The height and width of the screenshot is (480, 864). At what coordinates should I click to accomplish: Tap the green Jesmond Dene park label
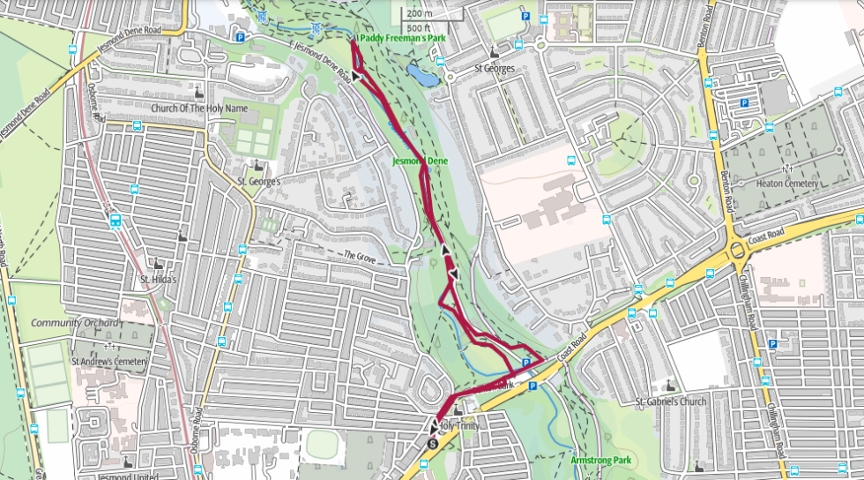pos(421,161)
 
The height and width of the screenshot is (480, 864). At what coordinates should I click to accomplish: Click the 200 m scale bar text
pos(420,13)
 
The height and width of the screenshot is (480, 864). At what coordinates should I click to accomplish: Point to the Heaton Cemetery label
pos(787,184)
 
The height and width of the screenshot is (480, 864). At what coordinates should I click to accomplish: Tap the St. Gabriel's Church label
pos(671,402)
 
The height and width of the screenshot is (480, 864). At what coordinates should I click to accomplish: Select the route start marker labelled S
pos(432,444)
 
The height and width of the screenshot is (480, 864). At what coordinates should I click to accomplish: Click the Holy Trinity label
pos(458,426)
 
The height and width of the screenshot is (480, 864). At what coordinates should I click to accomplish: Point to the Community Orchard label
pos(75,323)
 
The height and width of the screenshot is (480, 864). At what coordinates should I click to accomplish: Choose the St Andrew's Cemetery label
pos(109,361)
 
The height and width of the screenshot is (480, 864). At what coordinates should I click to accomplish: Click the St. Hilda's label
pos(159,281)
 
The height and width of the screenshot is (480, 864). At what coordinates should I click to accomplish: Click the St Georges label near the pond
pos(494,68)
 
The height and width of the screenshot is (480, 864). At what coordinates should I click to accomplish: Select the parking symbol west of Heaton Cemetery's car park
pos(743,103)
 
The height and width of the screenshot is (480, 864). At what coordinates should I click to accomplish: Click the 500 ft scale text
pos(420,26)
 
